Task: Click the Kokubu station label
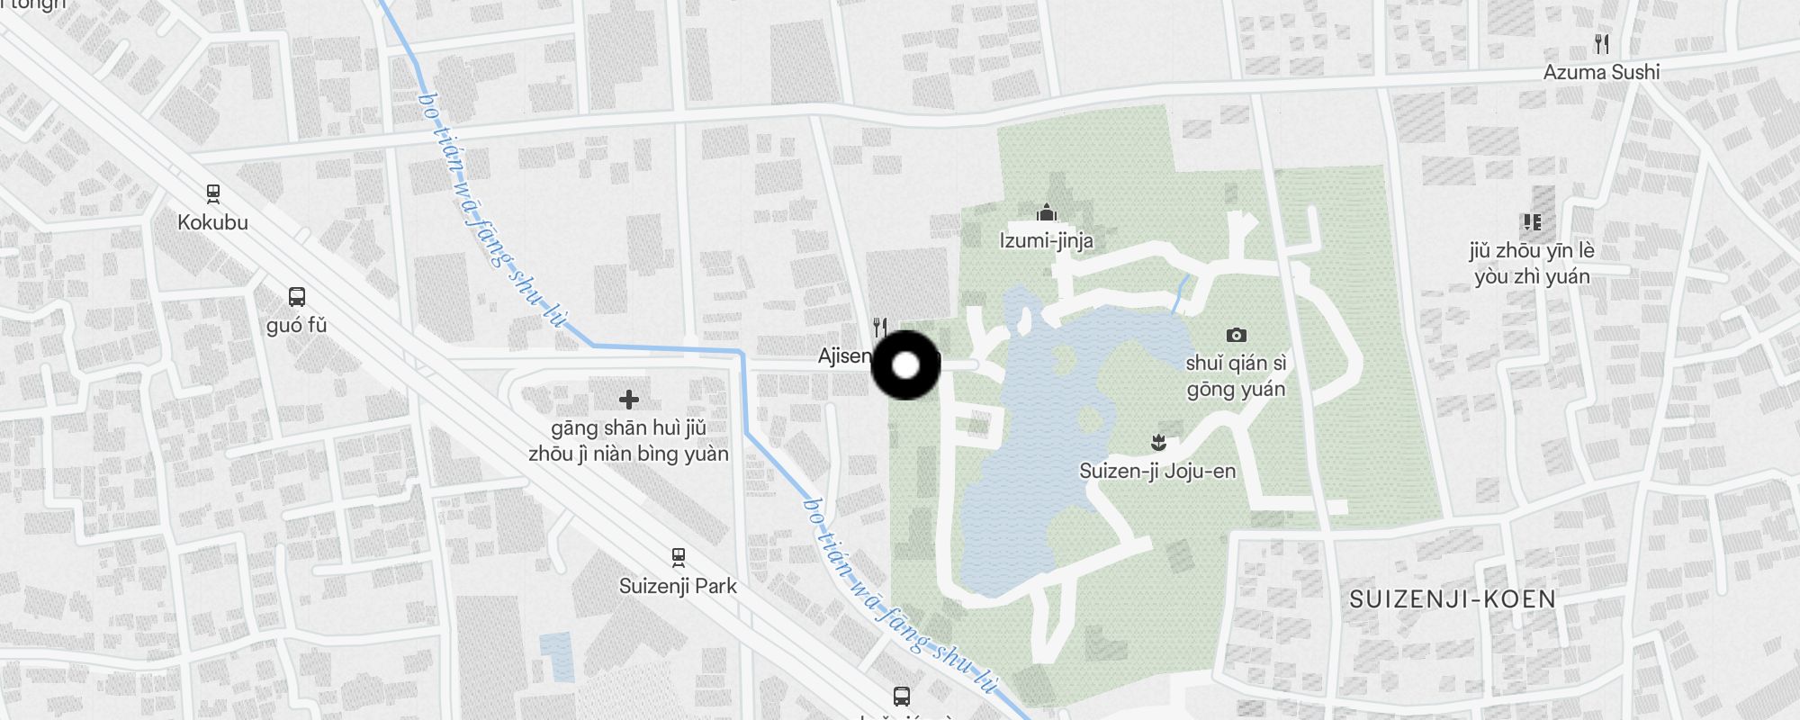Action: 212,222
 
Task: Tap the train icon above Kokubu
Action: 213,193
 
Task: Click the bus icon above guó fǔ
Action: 297,296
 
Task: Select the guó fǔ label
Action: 297,325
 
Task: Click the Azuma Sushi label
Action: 1601,72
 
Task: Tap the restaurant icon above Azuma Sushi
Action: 1601,43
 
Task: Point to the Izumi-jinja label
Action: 1046,240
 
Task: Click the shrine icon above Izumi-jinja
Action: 1046,213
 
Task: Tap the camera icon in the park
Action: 1237,335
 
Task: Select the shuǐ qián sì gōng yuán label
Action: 1236,376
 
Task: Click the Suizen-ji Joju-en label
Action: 1157,471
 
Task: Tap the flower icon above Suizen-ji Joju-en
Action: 1158,442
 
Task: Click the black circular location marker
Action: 906,365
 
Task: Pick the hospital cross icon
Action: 629,399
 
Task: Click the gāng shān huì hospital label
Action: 628,441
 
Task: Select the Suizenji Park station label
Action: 678,586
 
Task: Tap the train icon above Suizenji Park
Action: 679,557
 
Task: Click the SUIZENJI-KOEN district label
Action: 1453,599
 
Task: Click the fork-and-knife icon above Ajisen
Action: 881,327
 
